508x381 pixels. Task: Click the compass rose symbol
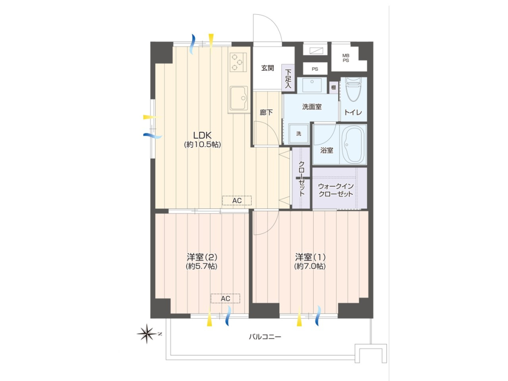click(147, 333)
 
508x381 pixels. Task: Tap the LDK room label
click(202, 135)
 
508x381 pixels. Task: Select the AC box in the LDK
click(237, 201)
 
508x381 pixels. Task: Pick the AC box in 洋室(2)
click(225, 298)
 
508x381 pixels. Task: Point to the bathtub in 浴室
click(353, 145)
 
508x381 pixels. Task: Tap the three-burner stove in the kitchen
click(238, 62)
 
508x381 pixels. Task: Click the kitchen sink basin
click(239, 98)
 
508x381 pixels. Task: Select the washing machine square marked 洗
click(298, 134)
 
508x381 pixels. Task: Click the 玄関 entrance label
click(267, 68)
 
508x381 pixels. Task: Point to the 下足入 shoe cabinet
click(288, 78)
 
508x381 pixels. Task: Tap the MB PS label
click(346, 58)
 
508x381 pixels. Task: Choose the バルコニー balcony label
click(265, 337)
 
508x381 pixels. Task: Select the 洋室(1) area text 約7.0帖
click(310, 266)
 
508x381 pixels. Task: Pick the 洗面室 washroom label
click(312, 107)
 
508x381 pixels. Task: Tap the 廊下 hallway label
click(266, 112)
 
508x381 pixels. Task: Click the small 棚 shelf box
click(333, 87)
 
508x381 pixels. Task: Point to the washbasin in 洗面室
click(312, 85)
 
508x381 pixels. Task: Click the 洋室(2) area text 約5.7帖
click(201, 266)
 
